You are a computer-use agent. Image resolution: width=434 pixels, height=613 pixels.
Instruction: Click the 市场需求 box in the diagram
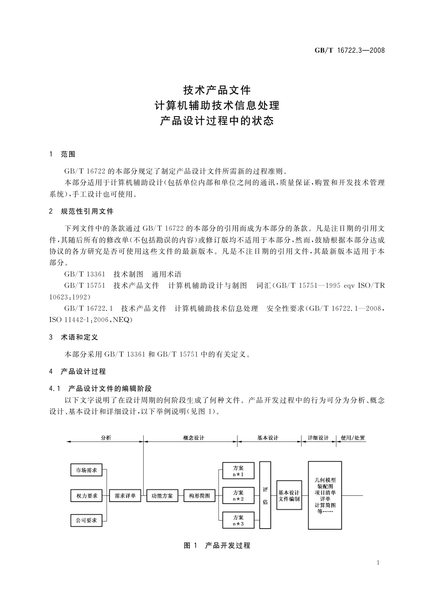(86, 470)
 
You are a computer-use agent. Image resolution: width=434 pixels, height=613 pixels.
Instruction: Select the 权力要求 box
(86, 495)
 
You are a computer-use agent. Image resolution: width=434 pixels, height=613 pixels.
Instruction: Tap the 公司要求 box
(86, 521)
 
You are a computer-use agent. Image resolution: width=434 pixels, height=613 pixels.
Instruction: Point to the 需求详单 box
(125, 495)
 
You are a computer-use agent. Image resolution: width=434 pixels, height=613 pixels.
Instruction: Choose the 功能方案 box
(162, 495)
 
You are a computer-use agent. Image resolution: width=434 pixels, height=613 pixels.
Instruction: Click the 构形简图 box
(199, 495)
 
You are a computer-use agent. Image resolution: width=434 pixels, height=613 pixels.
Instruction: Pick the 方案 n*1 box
(238, 471)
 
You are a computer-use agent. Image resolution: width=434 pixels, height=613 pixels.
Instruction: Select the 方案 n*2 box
(238, 496)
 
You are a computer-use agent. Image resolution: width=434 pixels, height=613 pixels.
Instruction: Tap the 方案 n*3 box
(238, 521)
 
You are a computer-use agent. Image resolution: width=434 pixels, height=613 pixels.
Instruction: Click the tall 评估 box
(265, 495)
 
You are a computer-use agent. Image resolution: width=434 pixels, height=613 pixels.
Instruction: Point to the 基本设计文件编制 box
(289, 495)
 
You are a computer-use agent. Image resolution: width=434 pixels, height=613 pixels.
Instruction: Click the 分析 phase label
(106, 438)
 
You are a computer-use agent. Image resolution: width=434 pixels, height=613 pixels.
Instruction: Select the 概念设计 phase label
(193, 438)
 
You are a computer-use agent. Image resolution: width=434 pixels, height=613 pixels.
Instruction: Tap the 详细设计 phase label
(318, 438)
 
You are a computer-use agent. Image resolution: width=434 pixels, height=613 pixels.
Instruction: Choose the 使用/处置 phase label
(353, 438)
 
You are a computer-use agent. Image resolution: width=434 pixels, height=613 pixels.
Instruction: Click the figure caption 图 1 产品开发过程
(217, 545)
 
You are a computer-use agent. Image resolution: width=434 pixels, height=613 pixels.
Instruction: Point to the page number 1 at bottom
(378, 563)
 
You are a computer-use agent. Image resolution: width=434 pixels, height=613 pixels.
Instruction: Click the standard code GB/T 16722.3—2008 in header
(349, 50)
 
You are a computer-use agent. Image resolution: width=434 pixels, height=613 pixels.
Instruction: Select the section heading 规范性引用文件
(87, 211)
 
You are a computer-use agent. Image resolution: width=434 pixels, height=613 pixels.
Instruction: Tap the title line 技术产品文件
(217, 90)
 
